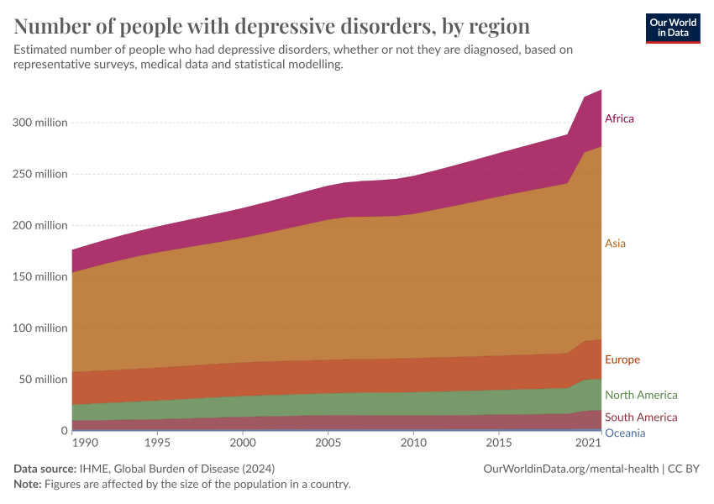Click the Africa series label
(619, 118)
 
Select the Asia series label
(615, 244)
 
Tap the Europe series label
(622, 360)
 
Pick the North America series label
(640, 395)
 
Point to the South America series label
(640, 417)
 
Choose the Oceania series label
(625, 433)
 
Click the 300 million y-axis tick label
(39, 123)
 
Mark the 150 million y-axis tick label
(39, 276)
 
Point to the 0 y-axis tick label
(63, 430)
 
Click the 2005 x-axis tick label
(328, 443)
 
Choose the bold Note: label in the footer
(29, 484)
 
